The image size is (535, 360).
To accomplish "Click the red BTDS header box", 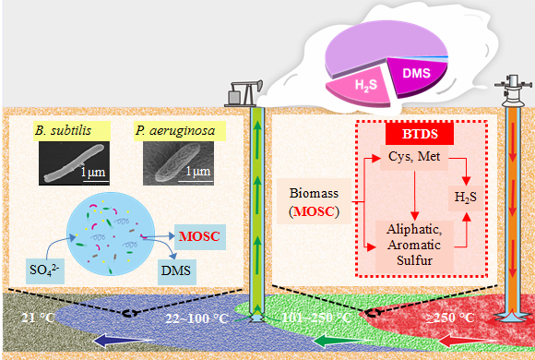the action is (x=420, y=134).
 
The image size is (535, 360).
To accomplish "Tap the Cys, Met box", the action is (x=414, y=158).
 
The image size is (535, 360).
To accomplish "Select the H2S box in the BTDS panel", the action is (x=466, y=198).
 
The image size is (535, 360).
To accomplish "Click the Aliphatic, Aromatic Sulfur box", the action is (x=414, y=246).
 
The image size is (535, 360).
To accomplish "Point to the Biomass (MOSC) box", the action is (x=314, y=201).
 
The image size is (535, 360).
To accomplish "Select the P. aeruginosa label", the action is (x=180, y=131).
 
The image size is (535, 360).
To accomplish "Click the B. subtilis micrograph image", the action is (x=74, y=163).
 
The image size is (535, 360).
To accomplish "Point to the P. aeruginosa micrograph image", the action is (x=178, y=163).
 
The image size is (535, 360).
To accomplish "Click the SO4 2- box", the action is (x=45, y=271).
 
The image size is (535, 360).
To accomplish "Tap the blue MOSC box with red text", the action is (x=200, y=237).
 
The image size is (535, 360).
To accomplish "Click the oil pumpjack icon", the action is (x=244, y=93).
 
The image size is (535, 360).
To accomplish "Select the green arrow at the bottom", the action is (x=342, y=341).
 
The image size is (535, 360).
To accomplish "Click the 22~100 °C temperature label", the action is (x=196, y=318).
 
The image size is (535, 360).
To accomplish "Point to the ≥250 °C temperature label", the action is (x=450, y=318).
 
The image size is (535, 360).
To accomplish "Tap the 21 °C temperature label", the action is (x=38, y=318).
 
